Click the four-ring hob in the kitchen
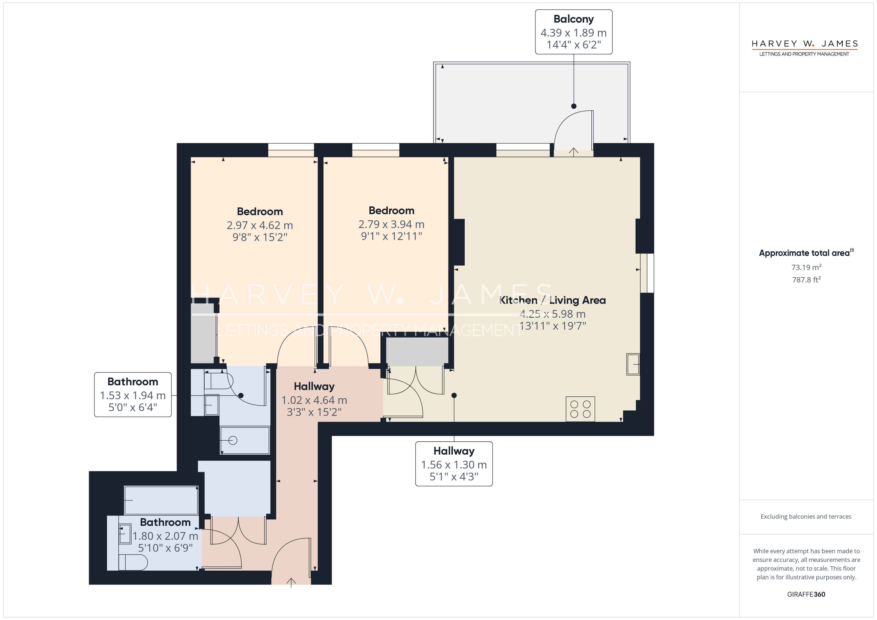tap(580, 409)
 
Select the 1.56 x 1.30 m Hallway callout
tap(454, 464)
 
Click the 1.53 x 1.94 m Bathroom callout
tap(133, 394)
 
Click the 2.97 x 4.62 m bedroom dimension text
tap(260, 225)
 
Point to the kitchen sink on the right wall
tap(633, 364)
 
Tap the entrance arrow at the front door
tap(291, 582)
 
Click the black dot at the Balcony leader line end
tap(574, 106)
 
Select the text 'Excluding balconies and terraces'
tap(806, 516)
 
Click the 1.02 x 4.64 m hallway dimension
tap(314, 400)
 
